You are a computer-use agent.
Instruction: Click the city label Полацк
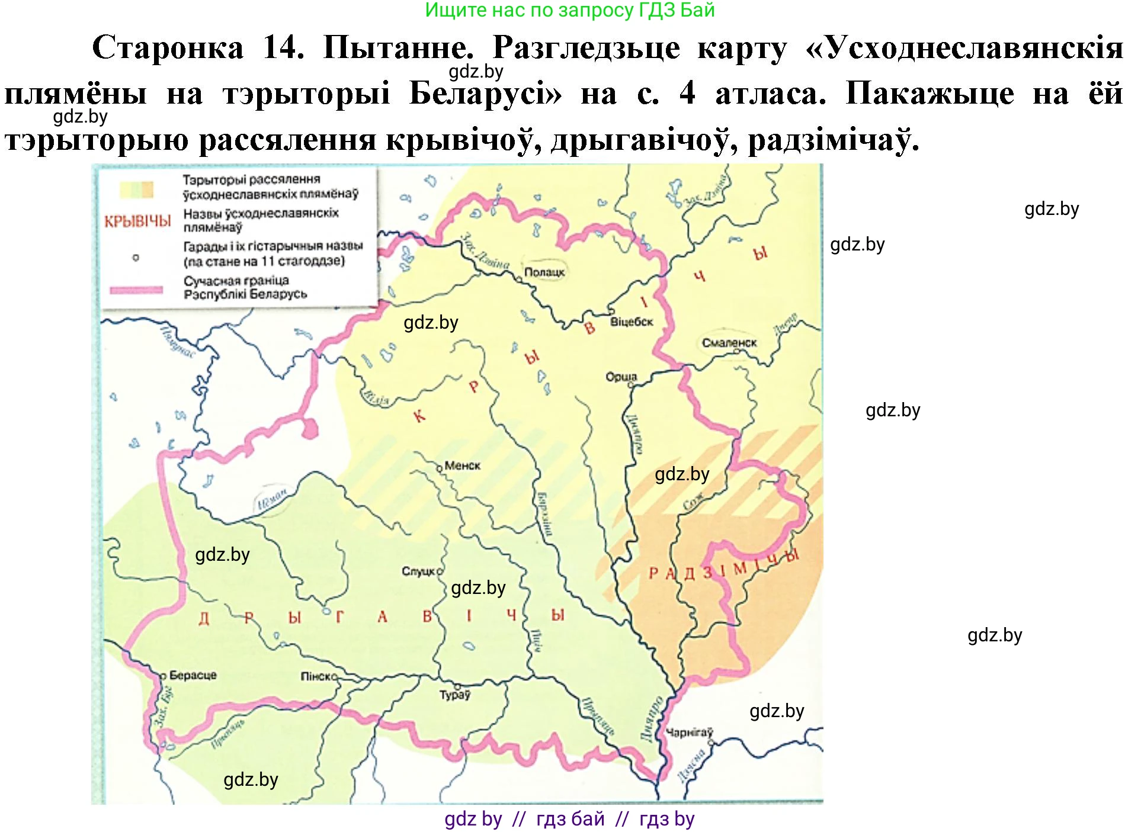[544, 272]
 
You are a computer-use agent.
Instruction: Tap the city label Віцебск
[631, 322]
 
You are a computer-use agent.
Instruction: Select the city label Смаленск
[729, 343]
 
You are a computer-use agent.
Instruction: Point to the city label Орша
[621, 377]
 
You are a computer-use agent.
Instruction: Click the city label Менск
[462, 466]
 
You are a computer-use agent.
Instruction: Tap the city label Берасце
[193, 675]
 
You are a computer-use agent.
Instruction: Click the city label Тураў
[454, 695]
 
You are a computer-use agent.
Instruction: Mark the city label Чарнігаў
[689, 733]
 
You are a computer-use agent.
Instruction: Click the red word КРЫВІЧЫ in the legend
[137, 221]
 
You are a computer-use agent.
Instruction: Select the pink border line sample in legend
[136, 290]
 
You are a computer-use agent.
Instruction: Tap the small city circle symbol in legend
[136, 258]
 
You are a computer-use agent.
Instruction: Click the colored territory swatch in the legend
[137, 189]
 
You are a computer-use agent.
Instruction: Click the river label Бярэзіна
[544, 514]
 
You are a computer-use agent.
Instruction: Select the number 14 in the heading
[283, 47]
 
